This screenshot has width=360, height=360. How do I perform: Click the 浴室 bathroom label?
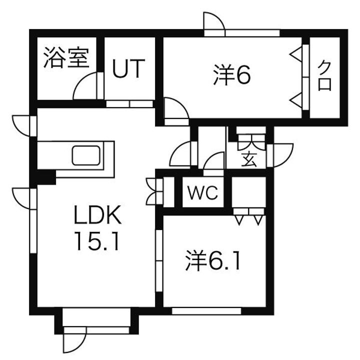pos(66,57)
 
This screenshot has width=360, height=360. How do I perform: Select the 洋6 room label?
pos(232,75)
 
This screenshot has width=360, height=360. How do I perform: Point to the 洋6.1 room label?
pos(213,260)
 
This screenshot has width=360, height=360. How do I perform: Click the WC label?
pos(202,192)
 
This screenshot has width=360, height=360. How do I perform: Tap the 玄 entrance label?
pos(248,159)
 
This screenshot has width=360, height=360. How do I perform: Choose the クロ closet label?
pos(324,76)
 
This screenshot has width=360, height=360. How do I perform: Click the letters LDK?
pos(97,215)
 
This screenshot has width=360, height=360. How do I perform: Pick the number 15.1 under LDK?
pos(97,241)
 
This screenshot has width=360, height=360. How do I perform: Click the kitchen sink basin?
pos(86,155)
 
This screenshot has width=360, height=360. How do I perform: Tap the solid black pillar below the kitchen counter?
pos(46,177)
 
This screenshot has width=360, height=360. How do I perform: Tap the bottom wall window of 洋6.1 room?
pos(206,311)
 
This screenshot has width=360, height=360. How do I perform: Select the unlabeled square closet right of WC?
pos(249,192)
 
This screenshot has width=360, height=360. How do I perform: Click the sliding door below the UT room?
pos(129,104)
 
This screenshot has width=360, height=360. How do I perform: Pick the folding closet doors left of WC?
pos(154,191)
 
